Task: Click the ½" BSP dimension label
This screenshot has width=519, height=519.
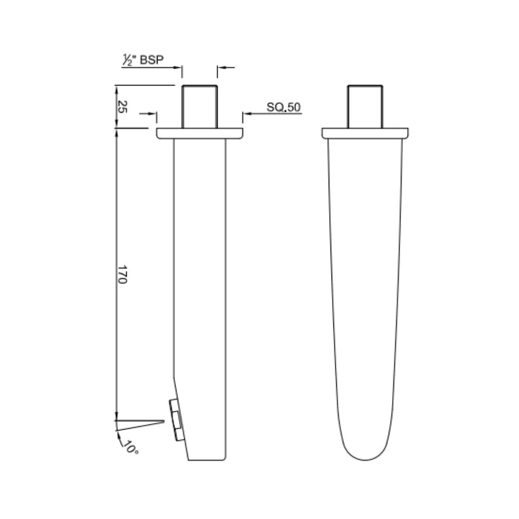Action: [142, 60]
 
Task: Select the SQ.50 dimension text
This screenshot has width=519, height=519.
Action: [284, 107]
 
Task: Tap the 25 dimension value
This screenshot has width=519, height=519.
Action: [123, 107]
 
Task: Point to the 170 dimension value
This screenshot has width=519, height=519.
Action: [123, 274]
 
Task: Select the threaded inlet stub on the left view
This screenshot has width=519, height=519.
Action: [199, 107]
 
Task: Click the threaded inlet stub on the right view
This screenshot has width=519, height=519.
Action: [365, 107]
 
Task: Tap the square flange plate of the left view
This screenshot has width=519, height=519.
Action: [199, 133]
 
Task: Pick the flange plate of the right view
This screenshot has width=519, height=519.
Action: [365, 133]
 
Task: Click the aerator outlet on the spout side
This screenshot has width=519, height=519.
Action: [176, 420]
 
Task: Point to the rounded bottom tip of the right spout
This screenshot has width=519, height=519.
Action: [365, 457]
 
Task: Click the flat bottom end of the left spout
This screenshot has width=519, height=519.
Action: [207, 459]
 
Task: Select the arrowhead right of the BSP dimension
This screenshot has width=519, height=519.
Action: [221, 68]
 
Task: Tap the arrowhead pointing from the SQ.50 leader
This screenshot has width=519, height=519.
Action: [246, 114]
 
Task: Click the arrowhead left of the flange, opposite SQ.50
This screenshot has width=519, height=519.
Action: [153, 114]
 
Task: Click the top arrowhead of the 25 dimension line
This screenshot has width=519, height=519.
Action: [116, 89]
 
